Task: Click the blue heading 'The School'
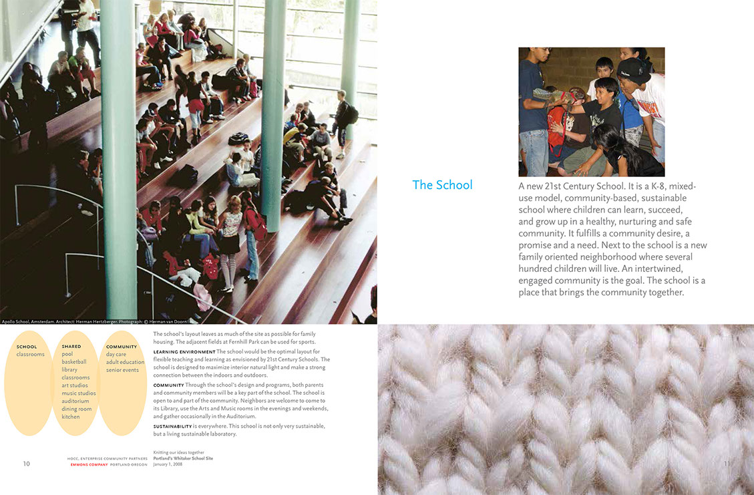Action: point(442,185)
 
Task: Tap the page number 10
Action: point(27,464)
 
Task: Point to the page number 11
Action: point(727,464)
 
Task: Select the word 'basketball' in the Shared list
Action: point(74,362)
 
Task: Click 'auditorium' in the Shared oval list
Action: point(75,401)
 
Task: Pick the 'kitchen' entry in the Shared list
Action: point(71,417)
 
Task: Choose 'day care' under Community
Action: point(116,354)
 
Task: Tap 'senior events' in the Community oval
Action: point(122,370)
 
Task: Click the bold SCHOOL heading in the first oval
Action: point(27,347)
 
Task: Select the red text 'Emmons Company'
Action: point(88,464)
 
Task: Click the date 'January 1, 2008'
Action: point(168,464)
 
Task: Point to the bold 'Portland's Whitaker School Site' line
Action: point(182,458)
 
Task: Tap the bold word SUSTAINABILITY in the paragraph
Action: point(172,426)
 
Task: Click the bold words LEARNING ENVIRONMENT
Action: point(184,351)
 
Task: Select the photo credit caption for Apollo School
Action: point(93,321)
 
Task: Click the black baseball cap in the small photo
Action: point(634,70)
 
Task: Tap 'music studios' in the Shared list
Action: point(79,393)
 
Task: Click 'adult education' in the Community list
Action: point(125,362)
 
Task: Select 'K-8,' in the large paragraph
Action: point(660,186)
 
